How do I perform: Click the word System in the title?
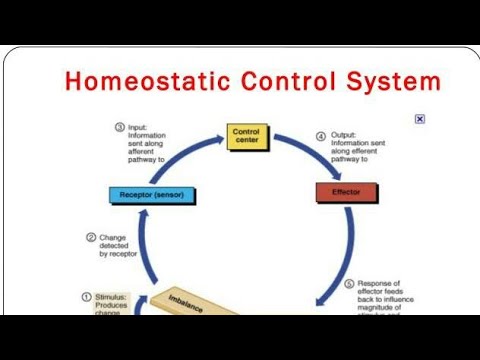[390, 81]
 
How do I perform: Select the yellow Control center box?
[245, 136]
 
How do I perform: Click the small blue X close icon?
[420, 119]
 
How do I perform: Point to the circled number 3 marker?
[119, 128]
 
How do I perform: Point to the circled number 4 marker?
[322, 135]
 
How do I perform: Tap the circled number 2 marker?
[91, 238]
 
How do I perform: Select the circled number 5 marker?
[349, 283]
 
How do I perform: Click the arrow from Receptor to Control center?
[180, 150]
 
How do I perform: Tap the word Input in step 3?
[138, 128]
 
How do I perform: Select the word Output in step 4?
[343, 135]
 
